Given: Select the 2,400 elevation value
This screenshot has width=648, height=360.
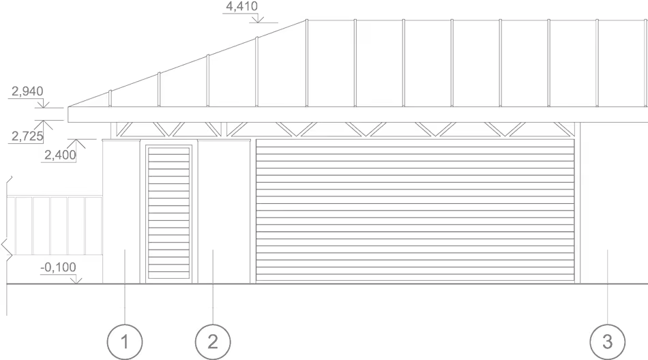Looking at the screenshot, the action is (x=59, y=155).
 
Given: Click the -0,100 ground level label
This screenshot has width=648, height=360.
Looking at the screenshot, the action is (x=59, y=267).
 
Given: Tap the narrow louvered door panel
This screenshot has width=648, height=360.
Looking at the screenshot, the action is (x=168, y=213).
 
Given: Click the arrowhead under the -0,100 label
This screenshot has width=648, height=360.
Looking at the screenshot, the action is (x=78, y=278).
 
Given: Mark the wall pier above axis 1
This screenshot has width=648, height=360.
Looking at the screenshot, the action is (x=123, y=211).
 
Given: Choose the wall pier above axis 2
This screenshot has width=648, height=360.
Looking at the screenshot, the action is (x=222, y=211).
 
